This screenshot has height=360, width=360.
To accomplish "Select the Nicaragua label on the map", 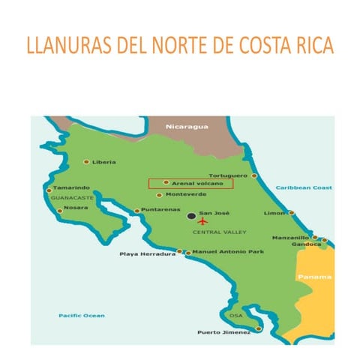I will [186, 126].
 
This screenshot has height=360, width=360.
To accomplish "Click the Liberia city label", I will [104, 162].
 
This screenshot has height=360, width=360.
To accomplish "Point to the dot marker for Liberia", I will [86, 161].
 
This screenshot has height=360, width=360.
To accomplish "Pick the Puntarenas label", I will [159, 211].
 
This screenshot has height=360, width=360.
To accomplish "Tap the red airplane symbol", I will [202, 222].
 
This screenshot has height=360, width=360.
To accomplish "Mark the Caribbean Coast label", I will [303, 187].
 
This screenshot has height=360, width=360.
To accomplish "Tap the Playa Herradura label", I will [147, 253].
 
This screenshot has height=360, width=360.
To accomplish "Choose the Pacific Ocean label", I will [82, 315].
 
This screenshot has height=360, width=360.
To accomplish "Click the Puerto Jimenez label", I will [222, 332].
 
